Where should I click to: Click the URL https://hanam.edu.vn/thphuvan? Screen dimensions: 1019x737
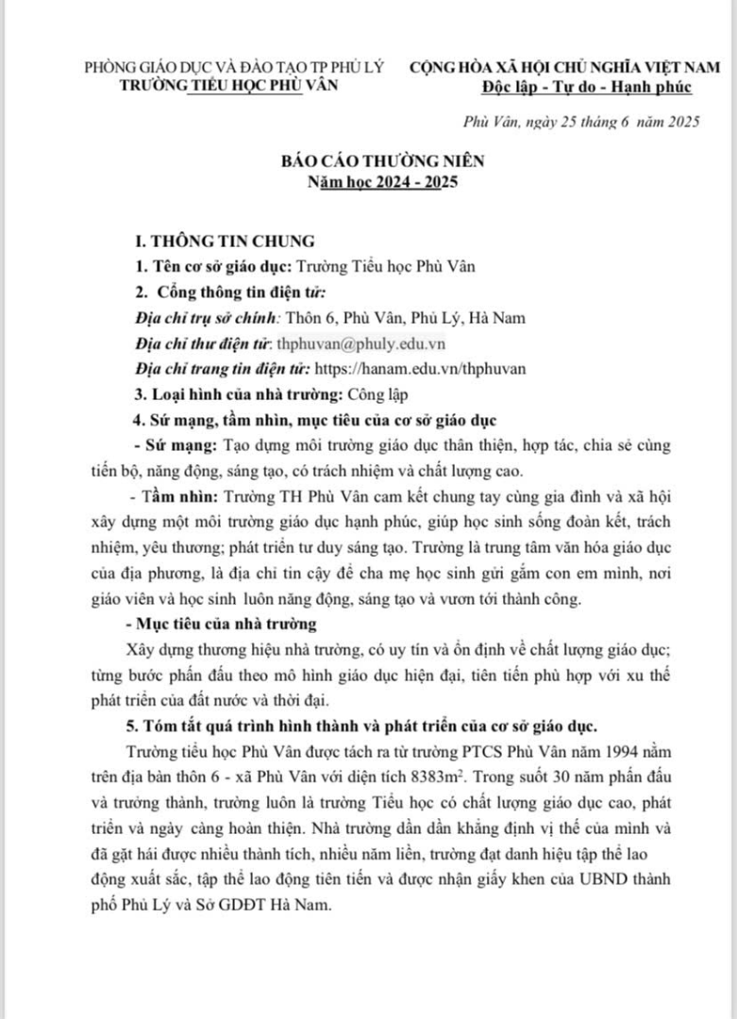pos(419,369)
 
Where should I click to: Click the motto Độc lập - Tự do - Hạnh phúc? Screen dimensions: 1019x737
pos(586,87)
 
